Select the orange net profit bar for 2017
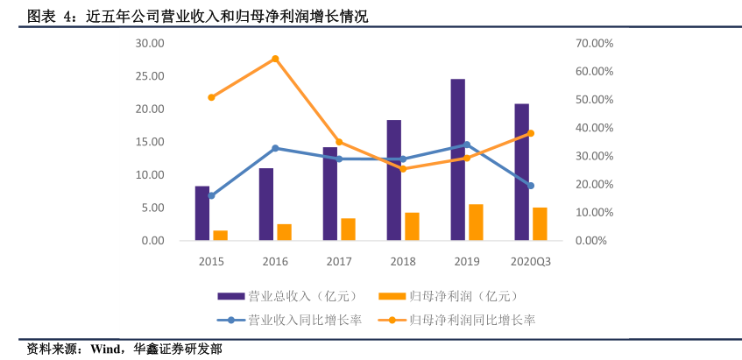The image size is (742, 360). tap(348, 229)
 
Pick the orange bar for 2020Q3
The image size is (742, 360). tap(540, 223)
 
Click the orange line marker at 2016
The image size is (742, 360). tap(275, 59)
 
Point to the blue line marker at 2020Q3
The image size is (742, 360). tap(531, 186)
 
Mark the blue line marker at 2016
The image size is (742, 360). tap(275, 148)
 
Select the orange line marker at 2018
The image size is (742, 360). tap(403, 169)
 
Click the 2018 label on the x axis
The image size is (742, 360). tap(403, 261)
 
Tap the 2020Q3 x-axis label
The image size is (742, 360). tap(531, 261)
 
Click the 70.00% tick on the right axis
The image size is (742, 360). tap(593, 43)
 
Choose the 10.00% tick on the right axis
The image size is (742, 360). tap(593, 213)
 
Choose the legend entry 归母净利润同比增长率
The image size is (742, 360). tap(472, 320)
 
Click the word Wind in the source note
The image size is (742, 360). tap(102, 349)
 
